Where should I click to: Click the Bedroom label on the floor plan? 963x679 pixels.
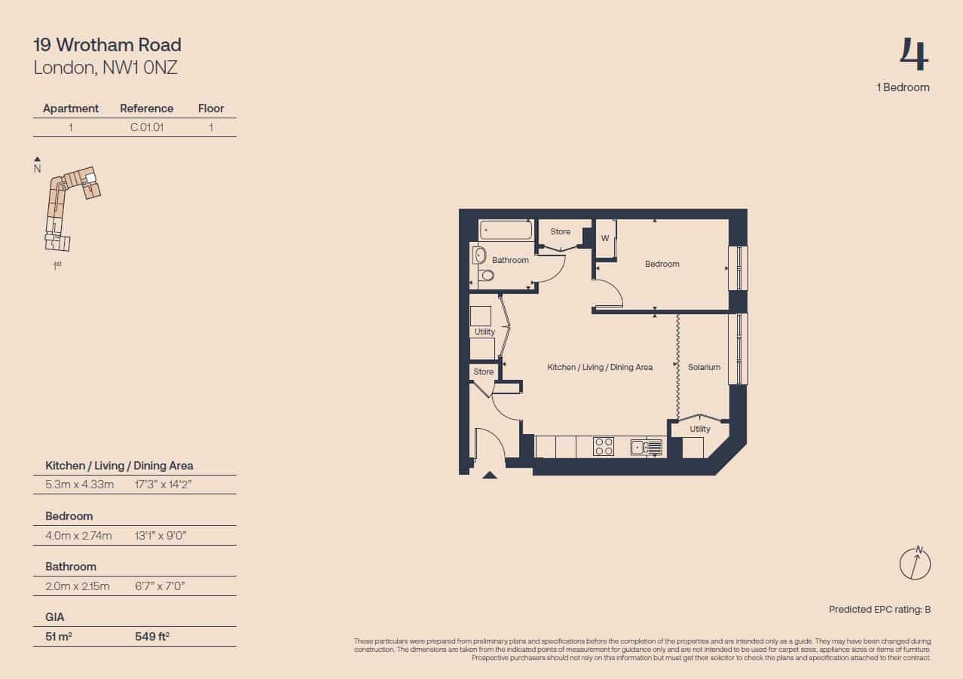click(662, 264)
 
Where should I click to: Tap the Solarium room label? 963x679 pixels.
click(704, 367)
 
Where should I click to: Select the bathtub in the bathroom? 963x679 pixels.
click(506, 230)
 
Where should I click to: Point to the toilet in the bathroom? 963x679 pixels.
click(487, 275)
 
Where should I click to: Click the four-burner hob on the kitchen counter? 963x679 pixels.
click(603, 446)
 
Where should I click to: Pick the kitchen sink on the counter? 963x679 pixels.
click(647, 447)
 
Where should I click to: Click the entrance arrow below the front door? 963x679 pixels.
click(490, 475)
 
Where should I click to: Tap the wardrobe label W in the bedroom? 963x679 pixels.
click(605, 238)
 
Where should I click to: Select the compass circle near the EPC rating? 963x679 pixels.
click(915, 564)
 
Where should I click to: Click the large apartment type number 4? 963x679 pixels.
click(915, 54)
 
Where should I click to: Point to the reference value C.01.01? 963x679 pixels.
click(147, 127)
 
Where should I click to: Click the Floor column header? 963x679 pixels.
click(211, 108)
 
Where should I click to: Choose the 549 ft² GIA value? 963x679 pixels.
click(151, 636)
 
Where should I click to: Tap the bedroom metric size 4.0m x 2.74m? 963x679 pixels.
click(78, 535)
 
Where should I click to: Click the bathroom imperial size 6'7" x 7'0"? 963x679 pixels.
click(160, 586)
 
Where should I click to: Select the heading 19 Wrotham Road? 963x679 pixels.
click(108, 44)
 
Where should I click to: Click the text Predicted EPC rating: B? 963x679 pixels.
click(879, 609)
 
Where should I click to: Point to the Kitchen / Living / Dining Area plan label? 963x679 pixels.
click(600, 367)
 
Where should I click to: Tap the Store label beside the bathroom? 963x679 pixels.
click(560, 231)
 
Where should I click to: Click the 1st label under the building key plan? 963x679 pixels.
click(57, 265)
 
